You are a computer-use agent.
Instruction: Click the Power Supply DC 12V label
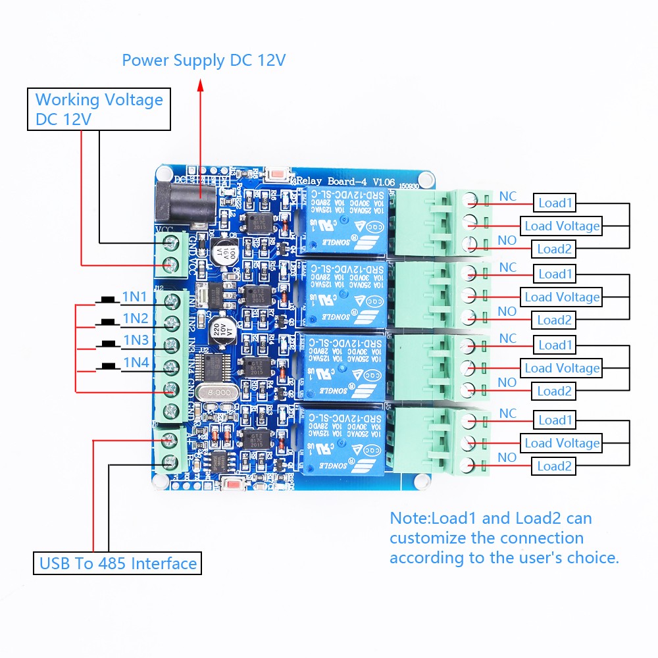tap(203, 61)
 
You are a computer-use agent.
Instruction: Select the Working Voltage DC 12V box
tap(99, 109)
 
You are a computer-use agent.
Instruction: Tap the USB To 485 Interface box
tap(118, 563)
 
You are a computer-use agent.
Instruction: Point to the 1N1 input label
tap(134, 297)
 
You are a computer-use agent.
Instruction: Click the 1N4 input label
tap(134, 362)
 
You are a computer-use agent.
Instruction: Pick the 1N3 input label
tap(136, 340)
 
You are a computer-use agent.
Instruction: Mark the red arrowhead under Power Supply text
tap(201, 84)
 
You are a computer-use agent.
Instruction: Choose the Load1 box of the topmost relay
tap(555, 203)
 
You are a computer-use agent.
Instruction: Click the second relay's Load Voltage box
tap(561, 297)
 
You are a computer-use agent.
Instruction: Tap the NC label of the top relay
tap(508, 196)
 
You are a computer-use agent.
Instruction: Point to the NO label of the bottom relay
tap(507, 457)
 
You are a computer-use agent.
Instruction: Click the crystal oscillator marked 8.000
tap(216, 392)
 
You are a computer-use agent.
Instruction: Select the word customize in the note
tap(427, 538)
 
